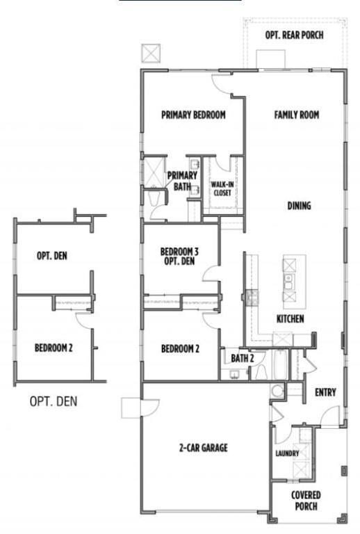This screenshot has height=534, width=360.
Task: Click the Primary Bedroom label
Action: click(x=193, y=115)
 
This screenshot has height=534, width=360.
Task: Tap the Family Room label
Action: click(x=296, y=115)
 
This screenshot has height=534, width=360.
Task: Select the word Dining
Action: click(x=299, y=206)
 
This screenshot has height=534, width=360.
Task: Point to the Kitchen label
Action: click(x=290, y=319)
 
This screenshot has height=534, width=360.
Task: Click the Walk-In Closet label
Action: click(x=222, y=188)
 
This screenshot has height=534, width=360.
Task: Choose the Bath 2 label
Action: click(x=243, y=358)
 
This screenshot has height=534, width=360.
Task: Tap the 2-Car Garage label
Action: click(x=203, y=448)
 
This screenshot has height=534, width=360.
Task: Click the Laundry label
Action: click(x=287, y=454)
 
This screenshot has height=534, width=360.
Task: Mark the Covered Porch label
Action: click(x=306, y=501)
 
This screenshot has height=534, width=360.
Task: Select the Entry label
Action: click(x=325, y=393)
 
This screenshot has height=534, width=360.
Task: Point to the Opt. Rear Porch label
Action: click(x=294, y=35)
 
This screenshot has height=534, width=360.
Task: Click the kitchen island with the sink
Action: click(x=293, y=282)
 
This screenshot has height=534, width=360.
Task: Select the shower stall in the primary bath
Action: click(x=153, y=170)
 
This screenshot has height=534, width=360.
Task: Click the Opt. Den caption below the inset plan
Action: click(x=54, y=401)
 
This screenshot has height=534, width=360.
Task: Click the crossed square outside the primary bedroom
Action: click(x=150, y=53)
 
